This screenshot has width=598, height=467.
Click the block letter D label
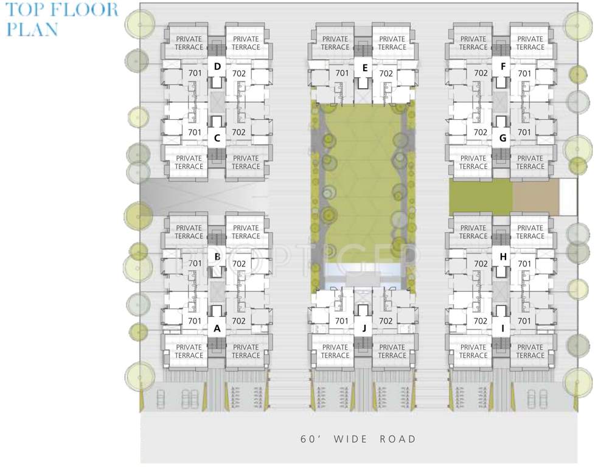pos(217,66)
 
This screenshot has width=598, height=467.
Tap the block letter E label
pos(364,67)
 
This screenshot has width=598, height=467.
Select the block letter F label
pos(502,66)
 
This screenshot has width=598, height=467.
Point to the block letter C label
pos(217,138)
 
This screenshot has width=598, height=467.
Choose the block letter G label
pos(502,138)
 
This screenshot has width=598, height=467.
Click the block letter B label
pos(217,257)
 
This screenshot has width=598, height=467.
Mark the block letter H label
pos(502,257)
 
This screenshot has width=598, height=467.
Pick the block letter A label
pos(217,328)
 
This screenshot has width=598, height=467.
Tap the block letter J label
pos(364,328)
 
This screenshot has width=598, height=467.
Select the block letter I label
pos(502,328)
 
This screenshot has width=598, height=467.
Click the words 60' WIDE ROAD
pos(358,438)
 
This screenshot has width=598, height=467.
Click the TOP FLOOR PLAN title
pos(61,19)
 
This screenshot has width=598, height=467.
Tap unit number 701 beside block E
pos(342,74)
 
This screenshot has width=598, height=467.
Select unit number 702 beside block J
pos(386,321)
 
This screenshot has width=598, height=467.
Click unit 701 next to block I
pos(524,321)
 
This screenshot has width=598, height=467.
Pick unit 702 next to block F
pos(481,74)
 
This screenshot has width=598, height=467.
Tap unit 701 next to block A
pos(195,321)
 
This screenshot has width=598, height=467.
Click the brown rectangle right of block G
pos(535,197)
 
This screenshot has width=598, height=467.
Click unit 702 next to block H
pos(481,264)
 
